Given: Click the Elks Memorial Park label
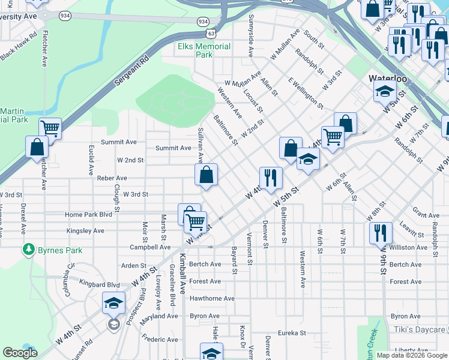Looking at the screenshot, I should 204,50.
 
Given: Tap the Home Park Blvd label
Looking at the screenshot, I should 89,214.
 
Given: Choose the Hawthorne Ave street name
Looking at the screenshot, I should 212,298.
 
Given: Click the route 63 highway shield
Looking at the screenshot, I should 209,34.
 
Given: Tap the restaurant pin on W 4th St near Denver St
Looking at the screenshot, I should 271,178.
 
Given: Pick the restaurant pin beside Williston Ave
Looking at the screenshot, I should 381,232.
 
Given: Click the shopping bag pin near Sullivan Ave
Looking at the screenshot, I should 206,175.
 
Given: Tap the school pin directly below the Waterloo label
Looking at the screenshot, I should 385,91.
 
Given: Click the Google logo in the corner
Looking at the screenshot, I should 20,352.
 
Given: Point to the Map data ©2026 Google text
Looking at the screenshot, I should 411,355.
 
